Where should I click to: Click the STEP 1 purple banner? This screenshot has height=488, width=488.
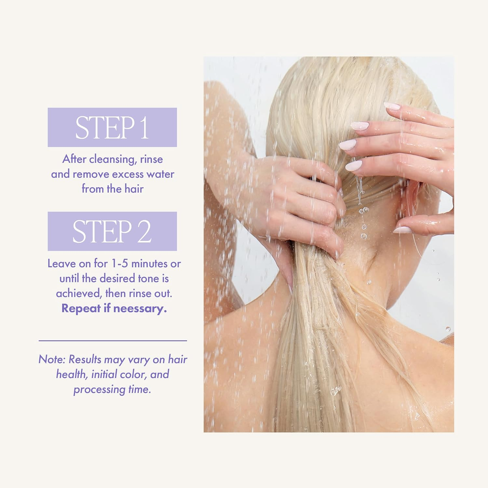click(x=112, y=127)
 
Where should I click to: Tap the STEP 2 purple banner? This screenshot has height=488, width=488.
click(x=112, y=231)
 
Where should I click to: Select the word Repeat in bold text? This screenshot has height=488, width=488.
click(x=81, y=308)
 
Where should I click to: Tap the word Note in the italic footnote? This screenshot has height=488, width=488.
click(x=52, y=359)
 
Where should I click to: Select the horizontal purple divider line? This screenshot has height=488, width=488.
click(x=113, y=341)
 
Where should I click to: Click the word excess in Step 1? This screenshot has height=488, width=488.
click(x=128, y=174)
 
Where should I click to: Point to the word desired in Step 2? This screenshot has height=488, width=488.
click(x=117, y=278)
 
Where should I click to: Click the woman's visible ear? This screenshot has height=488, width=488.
click(x=412, y=198)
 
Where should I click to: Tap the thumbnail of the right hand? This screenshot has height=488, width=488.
click(x=402, y=230)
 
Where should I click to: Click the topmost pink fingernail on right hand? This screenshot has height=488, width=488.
click(x=392, y=106)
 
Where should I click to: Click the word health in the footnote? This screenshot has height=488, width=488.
click(x=71, y=374)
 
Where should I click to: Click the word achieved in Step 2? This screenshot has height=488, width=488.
click(x=78, y=293)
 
